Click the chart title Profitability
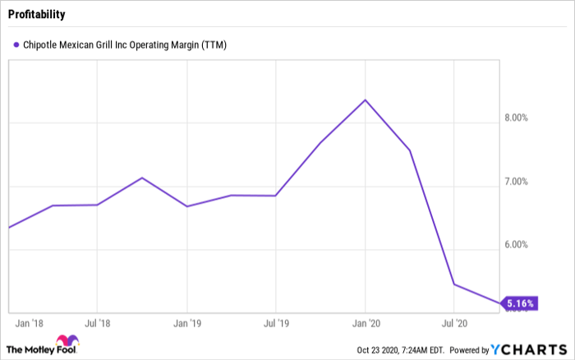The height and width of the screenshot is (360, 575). point(38,15)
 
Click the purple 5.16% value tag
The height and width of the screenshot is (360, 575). point(519,304)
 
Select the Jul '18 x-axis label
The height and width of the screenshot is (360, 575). point(98,323)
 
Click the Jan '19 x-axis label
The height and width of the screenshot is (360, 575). point(187,323)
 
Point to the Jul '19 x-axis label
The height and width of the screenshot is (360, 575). point(277,323)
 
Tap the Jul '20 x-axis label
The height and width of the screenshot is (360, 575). point(455,323)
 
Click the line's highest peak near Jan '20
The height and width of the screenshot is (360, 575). point(366,100)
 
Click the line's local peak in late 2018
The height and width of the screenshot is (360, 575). point(142,178)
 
